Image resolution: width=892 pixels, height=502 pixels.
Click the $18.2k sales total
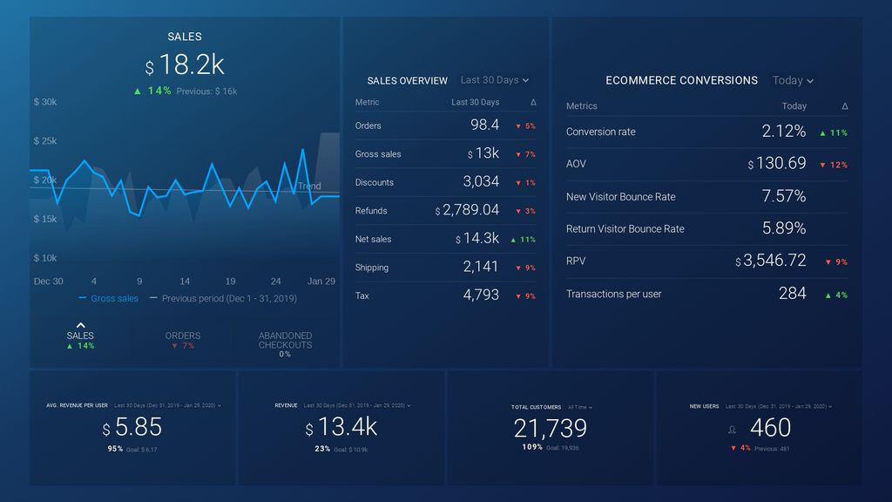(x=185, y=65)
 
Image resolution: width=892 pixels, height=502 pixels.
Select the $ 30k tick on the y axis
(x=45, y=102)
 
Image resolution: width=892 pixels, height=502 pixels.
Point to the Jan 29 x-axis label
(x=321, y=282)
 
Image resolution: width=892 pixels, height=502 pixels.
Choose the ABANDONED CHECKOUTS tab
(x=285, y=341)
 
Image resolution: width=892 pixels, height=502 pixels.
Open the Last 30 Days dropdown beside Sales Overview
(x=494, y=80)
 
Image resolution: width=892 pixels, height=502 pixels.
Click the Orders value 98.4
(x=484, y=125)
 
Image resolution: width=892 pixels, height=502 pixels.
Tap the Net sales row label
(x=374, y=239)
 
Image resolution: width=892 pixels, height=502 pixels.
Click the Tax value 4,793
(x=481, y=295)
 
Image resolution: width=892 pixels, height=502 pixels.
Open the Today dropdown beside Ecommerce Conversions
(x=793, y=80)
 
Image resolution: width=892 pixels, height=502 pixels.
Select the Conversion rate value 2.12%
(x=783, y=132)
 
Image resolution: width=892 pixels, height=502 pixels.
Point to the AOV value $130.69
(x=777, y=164)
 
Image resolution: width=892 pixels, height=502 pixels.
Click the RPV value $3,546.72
(x=771, y=261)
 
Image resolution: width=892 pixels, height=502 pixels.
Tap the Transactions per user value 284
(x=792, y=294)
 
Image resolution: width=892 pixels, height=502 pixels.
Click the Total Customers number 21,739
(x=550, y=428)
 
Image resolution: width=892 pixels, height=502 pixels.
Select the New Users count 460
(x=770, y=427)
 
